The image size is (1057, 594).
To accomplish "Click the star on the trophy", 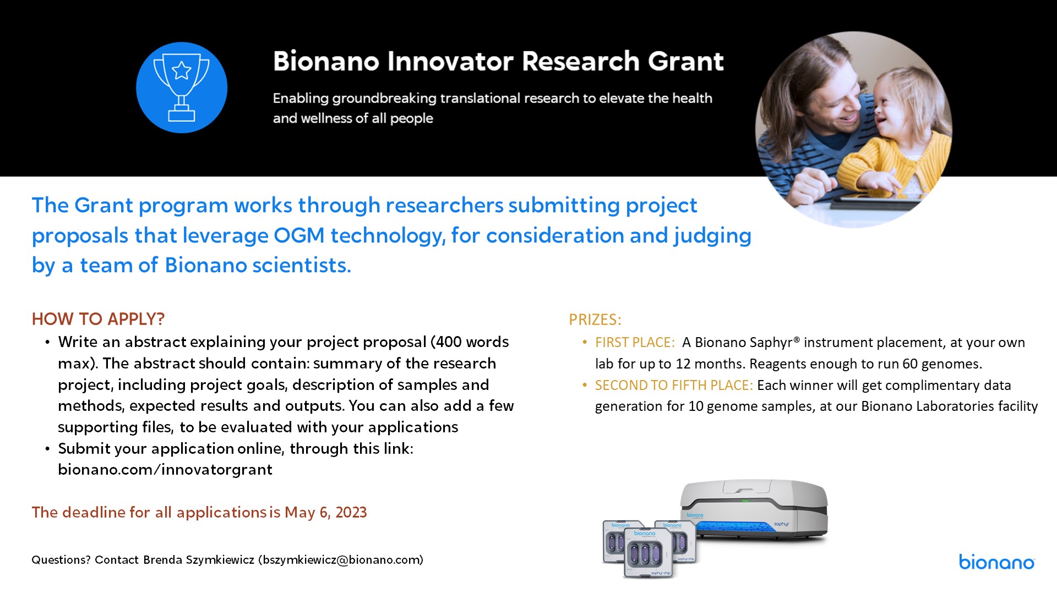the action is point(182,70).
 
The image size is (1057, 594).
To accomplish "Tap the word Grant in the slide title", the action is point(685,61).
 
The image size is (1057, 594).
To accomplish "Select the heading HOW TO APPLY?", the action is point(99,319).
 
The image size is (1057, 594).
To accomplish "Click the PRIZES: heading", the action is point(595,320).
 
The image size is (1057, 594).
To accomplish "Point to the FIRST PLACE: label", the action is point(635,342).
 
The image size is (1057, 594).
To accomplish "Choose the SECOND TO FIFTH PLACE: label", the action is point(674,385).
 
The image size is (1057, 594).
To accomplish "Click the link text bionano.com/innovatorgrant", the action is point(165,470).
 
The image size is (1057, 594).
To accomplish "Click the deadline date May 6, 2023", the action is point(326,513).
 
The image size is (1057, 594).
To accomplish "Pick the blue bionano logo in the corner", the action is point(997,562).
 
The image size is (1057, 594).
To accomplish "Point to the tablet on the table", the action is point(875,200).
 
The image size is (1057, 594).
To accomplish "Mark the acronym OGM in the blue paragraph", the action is point(299,235).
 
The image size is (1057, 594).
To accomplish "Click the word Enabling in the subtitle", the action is point(301,99).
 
